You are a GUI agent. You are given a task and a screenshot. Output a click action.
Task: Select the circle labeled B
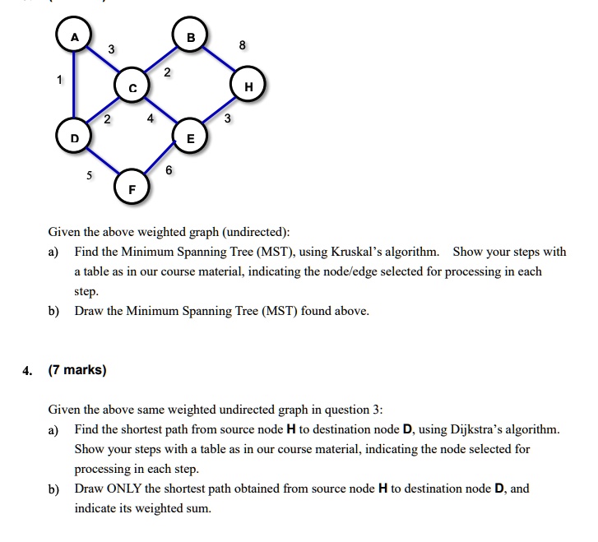pos(191,37)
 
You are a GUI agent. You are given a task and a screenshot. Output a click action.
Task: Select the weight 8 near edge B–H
pos(241,46)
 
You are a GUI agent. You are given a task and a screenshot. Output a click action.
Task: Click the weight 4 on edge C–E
pos(150,118)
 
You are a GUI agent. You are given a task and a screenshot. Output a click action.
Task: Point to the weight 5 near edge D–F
pos(90,174)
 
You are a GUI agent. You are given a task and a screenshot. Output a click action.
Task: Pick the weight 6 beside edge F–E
pos(169,170)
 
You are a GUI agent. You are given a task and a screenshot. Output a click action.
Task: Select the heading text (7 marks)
pos(77,370)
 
